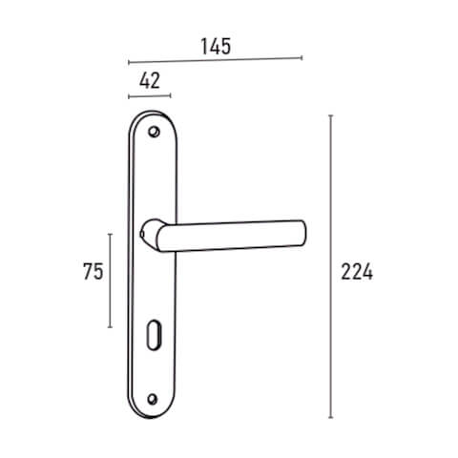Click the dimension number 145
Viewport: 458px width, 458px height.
coord(216,47)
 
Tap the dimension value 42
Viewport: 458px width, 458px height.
coord(150,81)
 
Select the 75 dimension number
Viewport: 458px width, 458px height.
coord(94,271)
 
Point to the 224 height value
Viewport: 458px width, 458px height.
coord(357,272)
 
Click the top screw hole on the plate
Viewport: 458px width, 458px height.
coord(154,132)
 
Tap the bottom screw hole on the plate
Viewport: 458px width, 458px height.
coord(153,399)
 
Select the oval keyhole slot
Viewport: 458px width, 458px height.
coord(154,335)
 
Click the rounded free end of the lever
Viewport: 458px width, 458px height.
coord(302,232)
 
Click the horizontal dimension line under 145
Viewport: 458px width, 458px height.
coord(215,60)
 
